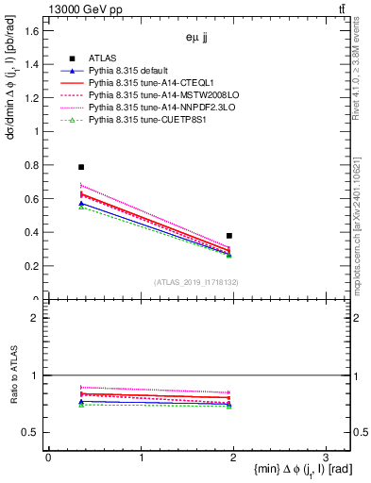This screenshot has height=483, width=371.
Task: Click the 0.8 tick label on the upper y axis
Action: click(30, 165)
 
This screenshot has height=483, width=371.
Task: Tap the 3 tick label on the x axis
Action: click(324, 457)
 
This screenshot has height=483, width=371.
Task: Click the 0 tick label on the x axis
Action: click(47, 457)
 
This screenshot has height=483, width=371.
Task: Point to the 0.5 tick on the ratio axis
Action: click(30, 432)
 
